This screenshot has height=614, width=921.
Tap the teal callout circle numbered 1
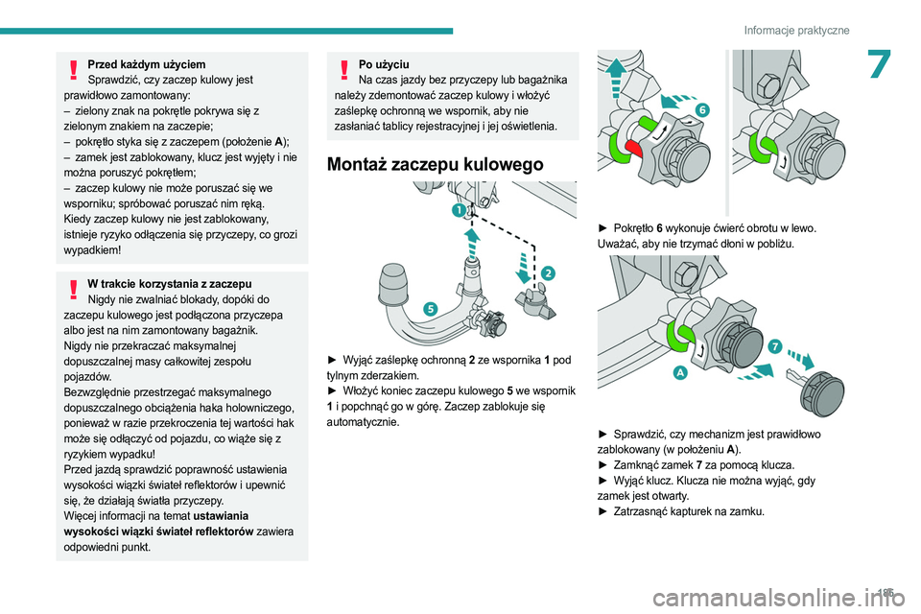(x=460, y=208)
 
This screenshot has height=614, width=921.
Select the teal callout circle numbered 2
(x=547, y=272)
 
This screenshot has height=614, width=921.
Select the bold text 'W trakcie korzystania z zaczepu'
(x=169, y=284)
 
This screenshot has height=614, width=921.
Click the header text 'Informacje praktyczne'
(x=796, y=31)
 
